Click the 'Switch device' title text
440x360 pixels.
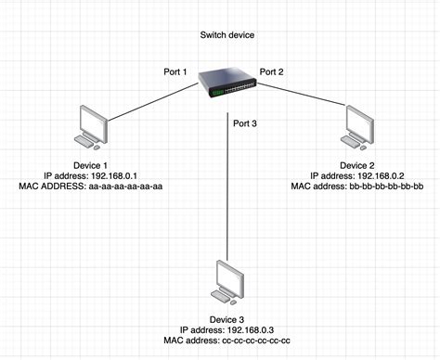tap(226, 35)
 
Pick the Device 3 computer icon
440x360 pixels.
tap(226, 281)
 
